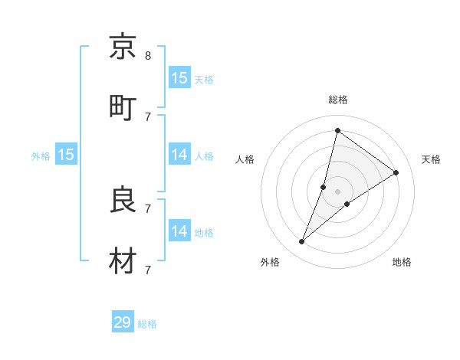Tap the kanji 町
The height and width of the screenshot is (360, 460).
[123, 107]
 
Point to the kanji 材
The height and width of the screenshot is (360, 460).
[123, 260]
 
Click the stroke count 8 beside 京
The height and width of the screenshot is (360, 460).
[148, 55]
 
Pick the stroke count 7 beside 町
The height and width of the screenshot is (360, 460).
[148, 116]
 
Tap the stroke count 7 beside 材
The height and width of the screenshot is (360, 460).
[148, 270]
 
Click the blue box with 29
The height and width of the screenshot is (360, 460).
[123, 322]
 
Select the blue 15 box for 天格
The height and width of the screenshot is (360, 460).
[179, 77]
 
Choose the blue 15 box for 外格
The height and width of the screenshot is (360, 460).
[66, 155]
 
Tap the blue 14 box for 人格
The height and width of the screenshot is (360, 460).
[179, 155]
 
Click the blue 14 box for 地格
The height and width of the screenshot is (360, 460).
[179, 231]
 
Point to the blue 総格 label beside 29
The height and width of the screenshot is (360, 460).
[147, 324]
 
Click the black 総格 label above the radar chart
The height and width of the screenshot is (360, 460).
[338, 100]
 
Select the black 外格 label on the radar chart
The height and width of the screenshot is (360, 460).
[270, 263]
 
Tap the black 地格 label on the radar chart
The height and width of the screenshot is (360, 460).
[402, 263]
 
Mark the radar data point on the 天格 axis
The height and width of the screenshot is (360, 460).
[396, 172]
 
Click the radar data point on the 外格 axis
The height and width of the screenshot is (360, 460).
[302, 242]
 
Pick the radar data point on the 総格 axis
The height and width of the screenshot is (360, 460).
[337, 130]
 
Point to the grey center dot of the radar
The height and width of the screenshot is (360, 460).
[337, 191]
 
